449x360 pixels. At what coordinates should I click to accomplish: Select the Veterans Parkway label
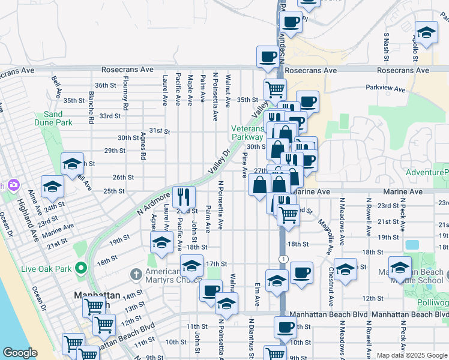pyautogui.click(x=249, y=133)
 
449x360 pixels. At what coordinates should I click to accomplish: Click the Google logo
pyautogui.click(x=20, y=353)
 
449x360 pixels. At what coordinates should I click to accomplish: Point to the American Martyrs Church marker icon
pyautogui.click(x=136, y=274)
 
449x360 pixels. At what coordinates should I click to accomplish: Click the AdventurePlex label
pyautogui.click(x=427, y=173)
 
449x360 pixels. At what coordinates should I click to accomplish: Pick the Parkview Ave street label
pyautogui.click(x=385, y=88)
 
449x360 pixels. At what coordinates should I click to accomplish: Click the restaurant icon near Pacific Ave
pyautogui.click(x=184, y=196)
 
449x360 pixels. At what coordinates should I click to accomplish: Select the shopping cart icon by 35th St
pyautogui.click(x=274, y=89)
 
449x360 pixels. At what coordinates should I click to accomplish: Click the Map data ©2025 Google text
pyautogui.click(x=412, y=355)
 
